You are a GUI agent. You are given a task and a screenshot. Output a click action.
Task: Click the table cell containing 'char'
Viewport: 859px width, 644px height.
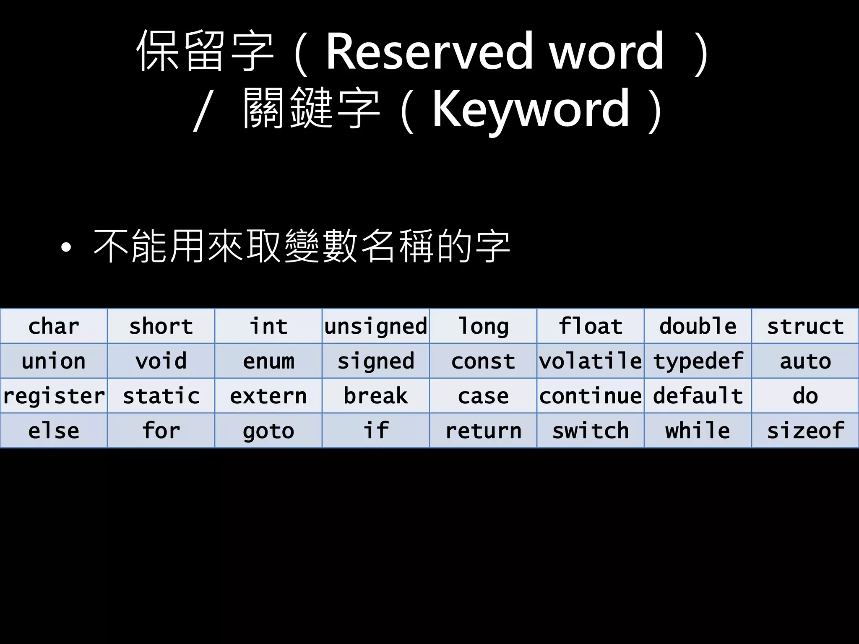pyautogui.click(x=54, y=326)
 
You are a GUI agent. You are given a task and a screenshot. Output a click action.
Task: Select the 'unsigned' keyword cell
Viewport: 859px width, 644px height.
pyautogui.click(x=376, y=326)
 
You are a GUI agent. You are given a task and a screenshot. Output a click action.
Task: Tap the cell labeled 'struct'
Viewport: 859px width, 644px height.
pyautogui.click(x=805, y=326)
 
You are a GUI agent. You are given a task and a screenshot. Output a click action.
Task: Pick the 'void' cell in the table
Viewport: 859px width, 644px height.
pyautogui.click(x=161, y=361)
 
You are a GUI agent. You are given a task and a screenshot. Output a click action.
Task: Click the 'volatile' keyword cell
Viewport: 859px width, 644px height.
pyautogui.click(x=591, y=361)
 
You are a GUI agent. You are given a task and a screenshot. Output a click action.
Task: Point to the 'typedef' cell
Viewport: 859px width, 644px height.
pyautogui.click(x=698, y=361)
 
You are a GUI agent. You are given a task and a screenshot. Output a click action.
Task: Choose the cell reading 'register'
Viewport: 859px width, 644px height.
pyautogui.click(x=54, y=396)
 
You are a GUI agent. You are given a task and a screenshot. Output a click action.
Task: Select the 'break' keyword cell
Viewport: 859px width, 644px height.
pyautogui.click(x=376, y=396)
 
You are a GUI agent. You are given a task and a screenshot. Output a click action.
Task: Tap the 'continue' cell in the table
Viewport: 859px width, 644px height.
pyautogui.click(x=591, y=396)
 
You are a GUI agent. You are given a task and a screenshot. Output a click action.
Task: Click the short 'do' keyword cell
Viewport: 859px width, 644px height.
pyautogui.click(x=805, y=396)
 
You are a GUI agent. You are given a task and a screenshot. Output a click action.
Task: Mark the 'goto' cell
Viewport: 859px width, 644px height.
pyautogui.click(x=268, y=431)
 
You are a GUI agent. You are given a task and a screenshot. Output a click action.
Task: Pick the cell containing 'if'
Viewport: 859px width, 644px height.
pyautogui.click(x=376, y=431)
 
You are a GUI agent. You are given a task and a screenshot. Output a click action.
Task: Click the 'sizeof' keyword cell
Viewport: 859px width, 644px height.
pyautogui.click(x=805, y=431)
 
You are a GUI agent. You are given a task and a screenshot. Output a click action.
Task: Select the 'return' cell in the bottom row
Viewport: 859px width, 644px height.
pyautogui.click(x=483, y=431)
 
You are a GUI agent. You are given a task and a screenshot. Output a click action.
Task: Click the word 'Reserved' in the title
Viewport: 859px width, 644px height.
pyautogui.click(x=429, y=52)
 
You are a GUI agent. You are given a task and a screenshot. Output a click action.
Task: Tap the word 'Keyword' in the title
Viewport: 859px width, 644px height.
pyautogui.click(x=531, y=110)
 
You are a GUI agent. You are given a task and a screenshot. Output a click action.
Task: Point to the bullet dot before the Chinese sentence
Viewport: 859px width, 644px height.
pyautogui.click(x=66, y=247)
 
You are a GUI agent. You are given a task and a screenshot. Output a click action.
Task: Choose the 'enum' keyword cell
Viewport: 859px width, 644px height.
pyautogui.click(x=268, y=361)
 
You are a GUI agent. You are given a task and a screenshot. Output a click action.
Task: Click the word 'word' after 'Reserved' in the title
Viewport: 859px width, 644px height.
pyautogui.click(x=607, y=52)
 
